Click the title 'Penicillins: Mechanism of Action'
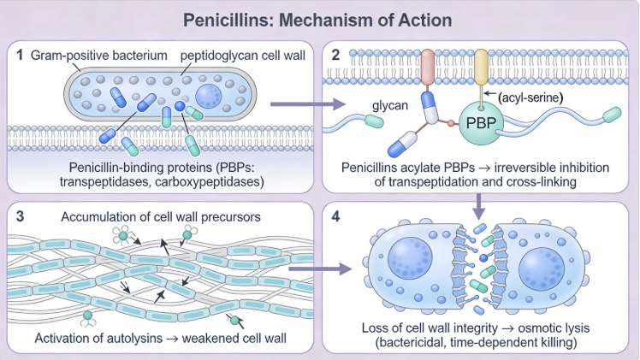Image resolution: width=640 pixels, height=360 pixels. (319, 19)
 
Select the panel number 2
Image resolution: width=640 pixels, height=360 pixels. (337, 54)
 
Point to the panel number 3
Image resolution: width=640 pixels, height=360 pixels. (19, 214)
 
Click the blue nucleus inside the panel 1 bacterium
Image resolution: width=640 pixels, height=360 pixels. (210, 97)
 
